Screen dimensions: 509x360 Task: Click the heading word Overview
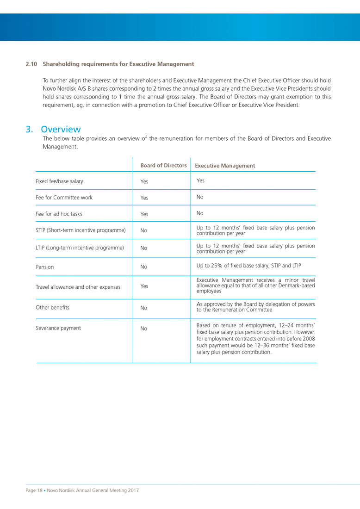point(61,129)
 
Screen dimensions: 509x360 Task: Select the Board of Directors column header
point(163,165)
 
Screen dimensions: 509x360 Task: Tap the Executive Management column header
point(225,166)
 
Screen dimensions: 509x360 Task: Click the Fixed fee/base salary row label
point(59,181)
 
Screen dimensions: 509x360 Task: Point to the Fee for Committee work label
point(64,198)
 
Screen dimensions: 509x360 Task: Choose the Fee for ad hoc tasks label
point(59,214)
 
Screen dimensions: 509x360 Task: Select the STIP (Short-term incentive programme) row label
point(81,230)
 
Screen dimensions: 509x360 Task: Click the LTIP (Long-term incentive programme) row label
point(80,248)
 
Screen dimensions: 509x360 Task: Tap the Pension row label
point(44,267)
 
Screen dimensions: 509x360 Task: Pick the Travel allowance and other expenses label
point(78,287)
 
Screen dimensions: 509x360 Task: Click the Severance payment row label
point(58,328)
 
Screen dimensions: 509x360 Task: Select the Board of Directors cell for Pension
point(144,267)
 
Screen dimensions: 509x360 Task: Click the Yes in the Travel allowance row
point(144,286)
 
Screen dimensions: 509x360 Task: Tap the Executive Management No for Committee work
point(200,197)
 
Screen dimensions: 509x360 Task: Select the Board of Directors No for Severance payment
point(144,329)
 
